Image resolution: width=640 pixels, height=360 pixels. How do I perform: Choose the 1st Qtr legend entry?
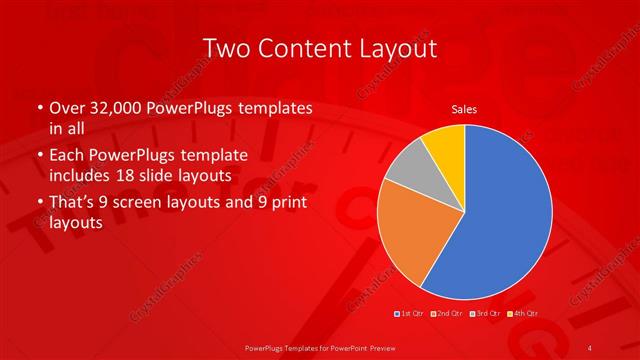coord(411,313)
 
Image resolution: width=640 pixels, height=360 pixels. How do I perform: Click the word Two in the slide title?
coord(226,47)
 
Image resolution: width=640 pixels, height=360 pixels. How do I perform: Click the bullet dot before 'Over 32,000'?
coord(39,108)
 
